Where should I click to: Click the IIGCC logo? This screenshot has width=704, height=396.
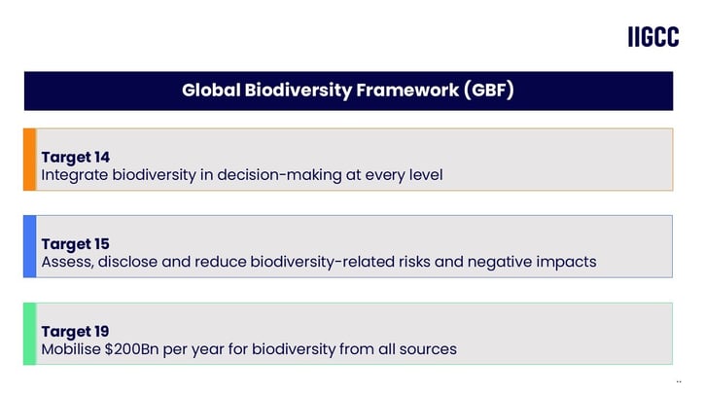pyautogui.click(x=653, y=37)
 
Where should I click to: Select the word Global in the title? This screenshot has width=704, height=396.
pyautogui.click(x=208, y=90)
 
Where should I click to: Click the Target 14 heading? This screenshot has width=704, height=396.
pyautogui.click(x=75, y=157)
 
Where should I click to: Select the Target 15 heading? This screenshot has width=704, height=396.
pyautogui.click(x=75, y=243)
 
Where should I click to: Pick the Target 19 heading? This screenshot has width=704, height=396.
pyautogui.click(x=75, y=331)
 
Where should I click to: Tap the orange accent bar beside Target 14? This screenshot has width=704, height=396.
pyautogui.click(x=29, y=159)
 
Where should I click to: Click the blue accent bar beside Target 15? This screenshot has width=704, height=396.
pyautogui.click(x=29, y=246)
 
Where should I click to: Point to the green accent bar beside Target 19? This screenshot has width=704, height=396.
pyautogui.click(x=29, y=334)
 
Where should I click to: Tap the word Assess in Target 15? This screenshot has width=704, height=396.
pyautogui.click(x=67, y=262)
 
